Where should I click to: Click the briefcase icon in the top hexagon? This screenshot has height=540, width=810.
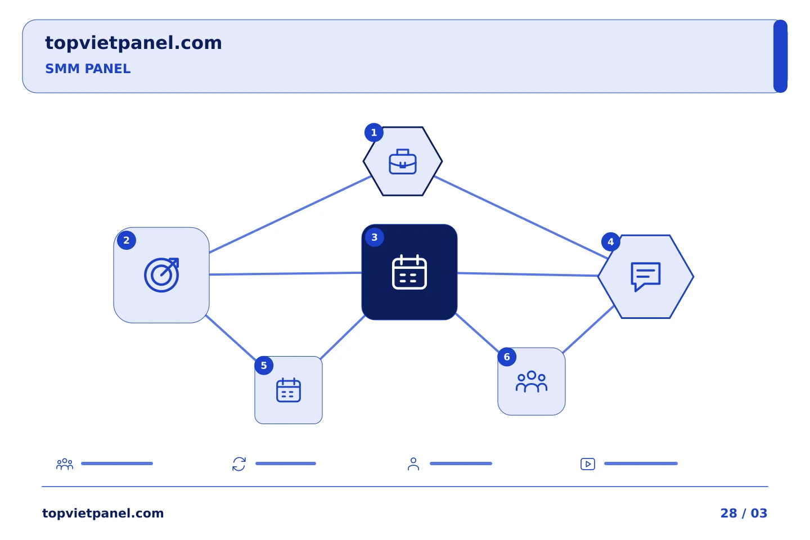[403, 161]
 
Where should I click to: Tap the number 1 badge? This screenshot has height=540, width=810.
[374, 133]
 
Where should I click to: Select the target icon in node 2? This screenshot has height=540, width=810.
[161, 275]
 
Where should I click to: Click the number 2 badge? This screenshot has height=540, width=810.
[127, 241]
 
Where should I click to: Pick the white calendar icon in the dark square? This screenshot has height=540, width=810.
[409, 272]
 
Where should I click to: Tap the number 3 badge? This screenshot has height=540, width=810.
[375, 237]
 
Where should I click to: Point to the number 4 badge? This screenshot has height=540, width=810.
[611, 242]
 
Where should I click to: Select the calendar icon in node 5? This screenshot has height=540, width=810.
[289, 390]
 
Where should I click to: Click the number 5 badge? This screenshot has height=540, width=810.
[264, 366]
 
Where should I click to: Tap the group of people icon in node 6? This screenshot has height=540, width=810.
[531, 381]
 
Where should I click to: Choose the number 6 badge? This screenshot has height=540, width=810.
[507, 357]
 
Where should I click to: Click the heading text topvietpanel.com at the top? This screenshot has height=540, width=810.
[133, 43]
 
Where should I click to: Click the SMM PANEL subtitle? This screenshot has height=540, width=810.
[88, 69]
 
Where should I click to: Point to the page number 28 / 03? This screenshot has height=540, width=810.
[744, 513]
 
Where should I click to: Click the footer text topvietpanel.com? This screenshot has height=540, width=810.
[103, 513]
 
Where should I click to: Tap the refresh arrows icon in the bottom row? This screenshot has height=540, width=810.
[239, 464]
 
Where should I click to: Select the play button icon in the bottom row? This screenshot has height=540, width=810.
[588, 464]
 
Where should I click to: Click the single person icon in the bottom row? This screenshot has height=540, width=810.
[413, 464]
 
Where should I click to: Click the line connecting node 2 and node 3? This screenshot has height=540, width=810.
[285, 274]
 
